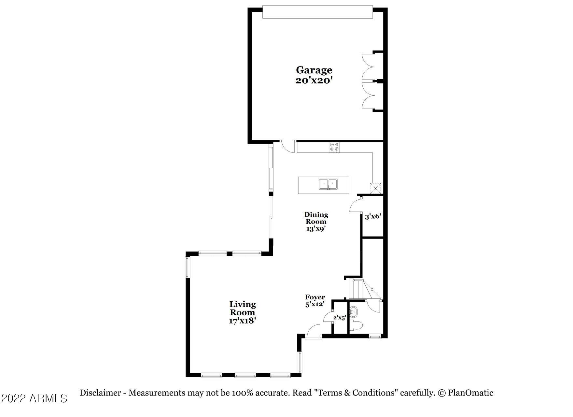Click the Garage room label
pos(314,70)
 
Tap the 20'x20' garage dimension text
pos(314,80)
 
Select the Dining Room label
pos(316,218)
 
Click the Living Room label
pos(243,308)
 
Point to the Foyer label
pos(315,297)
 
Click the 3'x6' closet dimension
pos(373,216)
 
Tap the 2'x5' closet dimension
pos(339,317)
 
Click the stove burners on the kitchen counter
pos(334,147)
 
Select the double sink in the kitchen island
pos(328,184)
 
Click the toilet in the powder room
pos(356,326)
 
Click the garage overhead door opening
pos(317,12)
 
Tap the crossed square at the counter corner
pos(375,188)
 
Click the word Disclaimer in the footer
pos(100,393)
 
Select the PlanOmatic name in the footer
pos(470,393)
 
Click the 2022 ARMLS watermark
pos(34,398)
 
